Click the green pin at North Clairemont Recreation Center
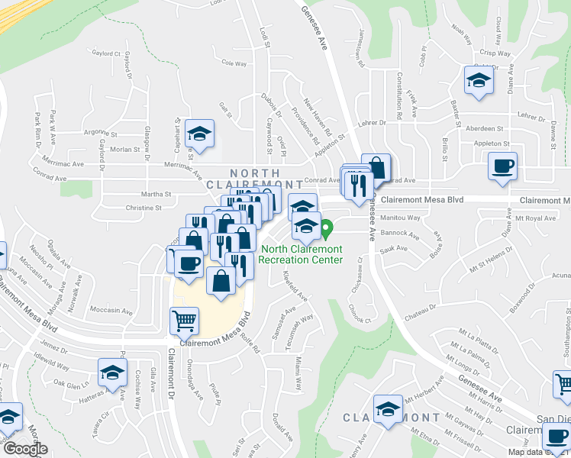(x=327, y=228)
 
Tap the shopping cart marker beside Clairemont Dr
(x=184, y=321)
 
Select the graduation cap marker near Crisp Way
(x=478, y=79)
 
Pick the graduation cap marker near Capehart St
(x=200, y=134)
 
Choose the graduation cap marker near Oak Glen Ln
(x=113, y=373)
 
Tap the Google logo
(x=25, y=449)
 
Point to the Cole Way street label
(x=234, y=64)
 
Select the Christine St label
(x=144, y=208)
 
